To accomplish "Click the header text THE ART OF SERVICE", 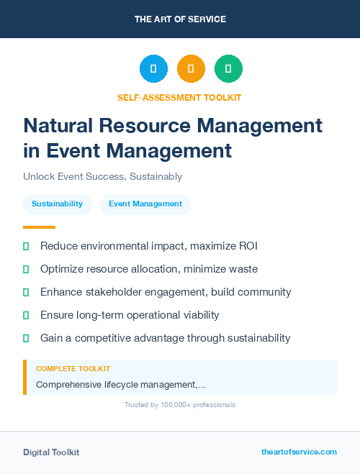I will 180,19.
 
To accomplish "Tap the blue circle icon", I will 153,69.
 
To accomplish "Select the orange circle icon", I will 191,69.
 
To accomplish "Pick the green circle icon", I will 228,69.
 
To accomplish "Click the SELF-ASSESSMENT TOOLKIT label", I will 179,97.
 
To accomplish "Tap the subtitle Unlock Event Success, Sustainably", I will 102,176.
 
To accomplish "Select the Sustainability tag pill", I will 57,204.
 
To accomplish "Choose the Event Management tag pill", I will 145,204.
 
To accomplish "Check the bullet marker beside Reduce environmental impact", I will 26,246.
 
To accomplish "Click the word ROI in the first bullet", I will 246,246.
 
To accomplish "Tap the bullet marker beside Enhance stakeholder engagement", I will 26,292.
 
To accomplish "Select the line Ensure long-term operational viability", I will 130,315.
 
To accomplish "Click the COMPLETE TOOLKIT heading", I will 73,369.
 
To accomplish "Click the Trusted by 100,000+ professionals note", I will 179,405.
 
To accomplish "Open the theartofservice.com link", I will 299,452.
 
